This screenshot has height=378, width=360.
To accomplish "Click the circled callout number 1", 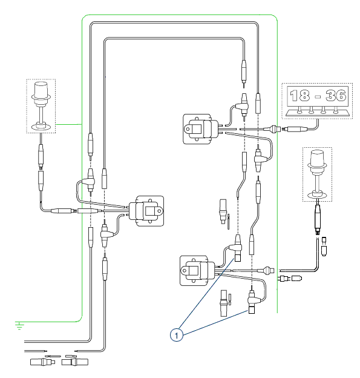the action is [x=177, y=335].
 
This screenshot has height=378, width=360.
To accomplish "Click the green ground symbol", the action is [x=19, y=325].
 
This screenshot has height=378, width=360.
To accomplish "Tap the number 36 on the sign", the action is [x=336, y=95].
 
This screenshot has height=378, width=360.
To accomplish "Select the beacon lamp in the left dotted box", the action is [x=41, y=105].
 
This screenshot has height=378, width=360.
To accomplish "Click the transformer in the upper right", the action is [x=201, y=129].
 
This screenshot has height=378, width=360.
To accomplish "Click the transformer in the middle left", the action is [x=146, y=211].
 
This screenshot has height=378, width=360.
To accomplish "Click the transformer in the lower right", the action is [x=197, y=271].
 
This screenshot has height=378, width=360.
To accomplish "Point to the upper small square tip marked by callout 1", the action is [x=238, y=258].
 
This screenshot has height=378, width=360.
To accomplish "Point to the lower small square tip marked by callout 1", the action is [x=252, y=311].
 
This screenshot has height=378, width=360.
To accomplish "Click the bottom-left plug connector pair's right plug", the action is [x=75, y=362].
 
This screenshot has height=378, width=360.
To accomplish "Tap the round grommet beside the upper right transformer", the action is [x=274, y=129].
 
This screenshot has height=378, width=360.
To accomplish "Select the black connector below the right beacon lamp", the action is [x=318, y=219].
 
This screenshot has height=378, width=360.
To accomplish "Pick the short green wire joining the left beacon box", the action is [x=69, y=124].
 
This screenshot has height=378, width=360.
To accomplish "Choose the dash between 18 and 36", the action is [x=318, y=97].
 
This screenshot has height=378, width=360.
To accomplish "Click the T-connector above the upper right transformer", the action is [x=241, y=105].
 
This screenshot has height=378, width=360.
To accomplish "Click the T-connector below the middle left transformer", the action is [x=106, y=234].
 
